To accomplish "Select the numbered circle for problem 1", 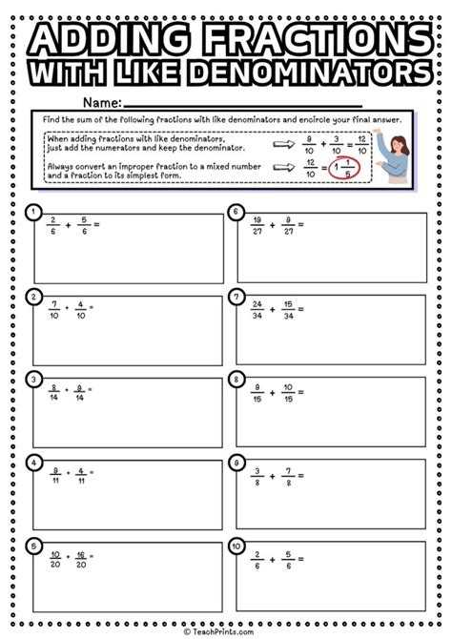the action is point(33,212).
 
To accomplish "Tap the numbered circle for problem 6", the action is point(235,212).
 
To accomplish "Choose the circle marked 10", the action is point(235,546).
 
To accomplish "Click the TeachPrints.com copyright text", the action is point(226,630).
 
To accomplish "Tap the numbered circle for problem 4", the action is point(33,463).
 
